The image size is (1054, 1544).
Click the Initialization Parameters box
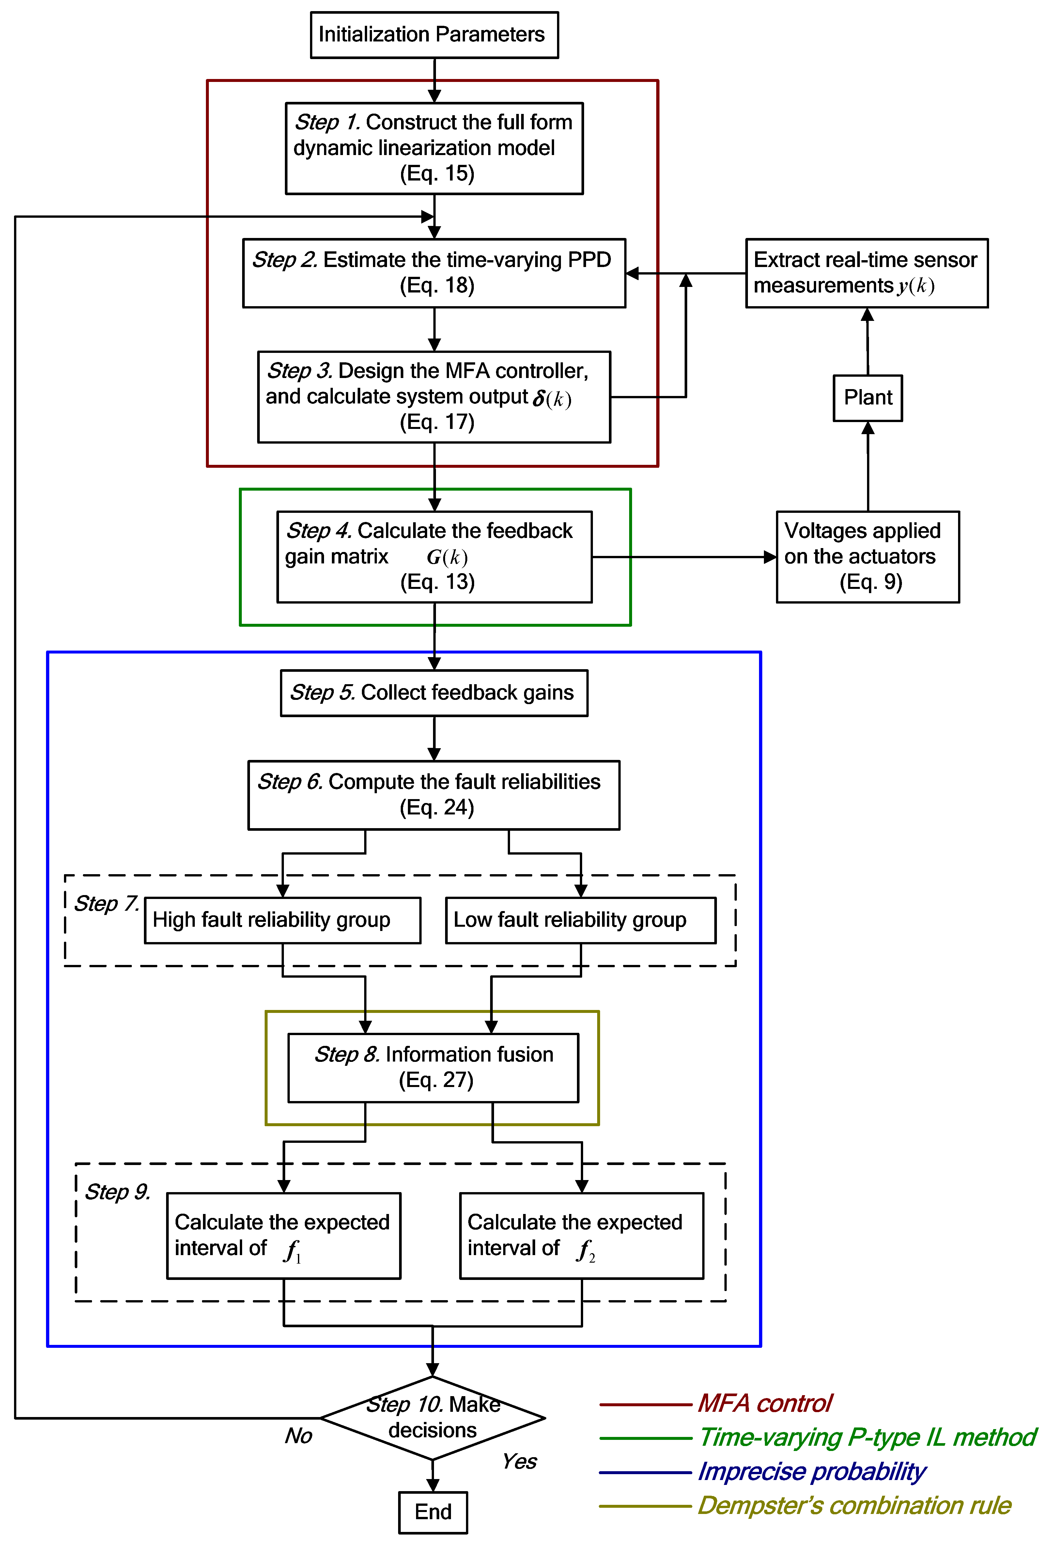click(434, 35)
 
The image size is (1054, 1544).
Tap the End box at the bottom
click(433, 1512)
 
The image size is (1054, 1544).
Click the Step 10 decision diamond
click(433, 1418)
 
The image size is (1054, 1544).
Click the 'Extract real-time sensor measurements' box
click(867, 273)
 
